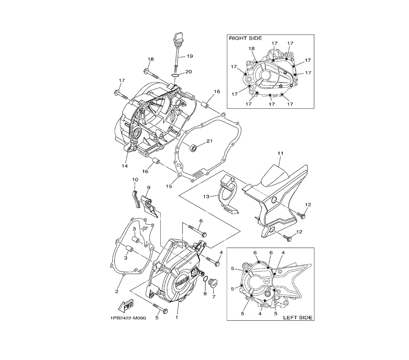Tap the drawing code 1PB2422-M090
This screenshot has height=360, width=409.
(128, 318)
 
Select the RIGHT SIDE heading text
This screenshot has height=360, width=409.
(245, 38)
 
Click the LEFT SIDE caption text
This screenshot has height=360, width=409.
(298, 317)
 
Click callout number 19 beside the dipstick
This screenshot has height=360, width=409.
(190, 56)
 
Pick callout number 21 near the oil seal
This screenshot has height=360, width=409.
(209, 141)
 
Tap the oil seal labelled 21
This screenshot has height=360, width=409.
(193, 148)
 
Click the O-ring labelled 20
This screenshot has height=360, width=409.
(175, 75)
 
